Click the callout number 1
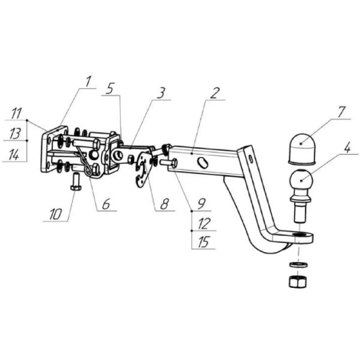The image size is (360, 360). tap(88, 79)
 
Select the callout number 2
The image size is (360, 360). tap(215, 94)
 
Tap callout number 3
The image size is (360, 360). tap(161, 94)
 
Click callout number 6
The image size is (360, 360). tap(105, 205)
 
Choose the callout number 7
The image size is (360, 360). tap(341, 112)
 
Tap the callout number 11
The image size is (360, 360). tap(16, 112)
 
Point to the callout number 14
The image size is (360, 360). tap(16, 155)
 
